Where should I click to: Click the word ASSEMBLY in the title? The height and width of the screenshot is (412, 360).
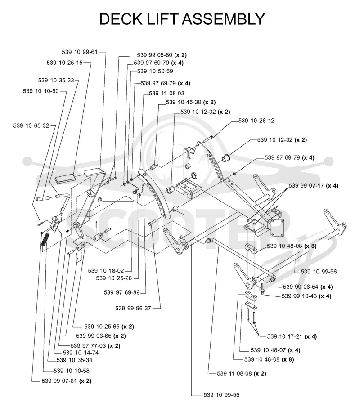223,19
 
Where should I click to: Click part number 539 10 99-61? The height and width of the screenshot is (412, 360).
80,52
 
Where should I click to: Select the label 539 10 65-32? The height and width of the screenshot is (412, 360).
31,125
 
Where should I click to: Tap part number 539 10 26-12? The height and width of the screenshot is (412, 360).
256,121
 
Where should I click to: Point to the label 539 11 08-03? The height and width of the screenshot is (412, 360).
166,93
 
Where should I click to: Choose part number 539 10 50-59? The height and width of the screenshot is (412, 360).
155,71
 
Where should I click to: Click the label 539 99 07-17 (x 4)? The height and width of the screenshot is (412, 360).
314,185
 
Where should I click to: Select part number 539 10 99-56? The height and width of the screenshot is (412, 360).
319,272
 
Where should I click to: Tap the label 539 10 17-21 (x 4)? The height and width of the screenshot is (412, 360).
292,336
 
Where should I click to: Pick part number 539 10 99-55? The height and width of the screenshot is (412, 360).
222,395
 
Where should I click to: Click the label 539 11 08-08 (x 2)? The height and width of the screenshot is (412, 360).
242,373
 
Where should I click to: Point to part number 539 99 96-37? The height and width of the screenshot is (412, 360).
133,308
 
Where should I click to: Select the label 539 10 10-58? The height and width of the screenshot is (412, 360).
72,371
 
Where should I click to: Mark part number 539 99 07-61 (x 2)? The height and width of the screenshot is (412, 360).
67,381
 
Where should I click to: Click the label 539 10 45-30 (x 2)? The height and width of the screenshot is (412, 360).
191,102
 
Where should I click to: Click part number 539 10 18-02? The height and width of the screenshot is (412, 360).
106,271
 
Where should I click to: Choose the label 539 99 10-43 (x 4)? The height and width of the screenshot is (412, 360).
306,296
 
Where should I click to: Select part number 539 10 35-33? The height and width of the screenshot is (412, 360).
56,81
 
